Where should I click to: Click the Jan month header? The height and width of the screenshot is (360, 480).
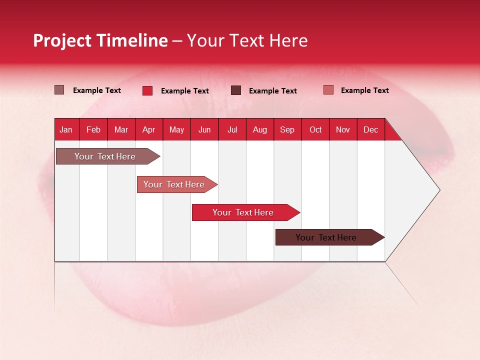coord(66,129)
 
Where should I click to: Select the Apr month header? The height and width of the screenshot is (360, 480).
coord(148,129)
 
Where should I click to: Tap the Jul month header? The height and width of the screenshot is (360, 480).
coord(232,129)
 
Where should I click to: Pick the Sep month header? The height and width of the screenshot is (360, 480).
coord(287,129)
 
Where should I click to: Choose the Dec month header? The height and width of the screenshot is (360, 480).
coord(370,129)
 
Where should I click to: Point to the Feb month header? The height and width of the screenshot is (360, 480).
coord(93,129)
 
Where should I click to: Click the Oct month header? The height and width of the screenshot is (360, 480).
coord(315,129)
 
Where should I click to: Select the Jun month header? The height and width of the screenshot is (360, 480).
coord(204,129)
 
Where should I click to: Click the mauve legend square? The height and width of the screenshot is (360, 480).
coord(59,90)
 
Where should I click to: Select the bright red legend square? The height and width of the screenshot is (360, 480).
coord(147,90)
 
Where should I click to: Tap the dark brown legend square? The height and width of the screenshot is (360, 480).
coord(236,90)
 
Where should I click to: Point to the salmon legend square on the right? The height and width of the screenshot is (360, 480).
coord(328,90)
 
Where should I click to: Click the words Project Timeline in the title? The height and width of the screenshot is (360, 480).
coord(100,40)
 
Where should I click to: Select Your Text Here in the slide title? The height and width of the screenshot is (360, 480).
coord(247,40)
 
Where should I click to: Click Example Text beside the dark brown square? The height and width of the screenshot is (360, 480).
coord(272,91)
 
